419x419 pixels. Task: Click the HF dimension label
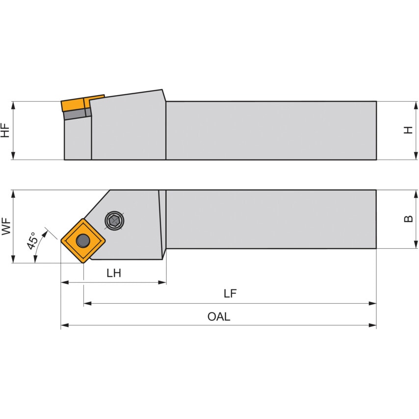point(5,131)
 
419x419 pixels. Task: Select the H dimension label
point(408,130)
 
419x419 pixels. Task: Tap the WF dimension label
point(6,226)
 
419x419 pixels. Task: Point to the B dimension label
point(408,219)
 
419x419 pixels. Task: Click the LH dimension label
point(114,273)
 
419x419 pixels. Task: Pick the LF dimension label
point(230,294)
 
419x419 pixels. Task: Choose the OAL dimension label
point(219,316)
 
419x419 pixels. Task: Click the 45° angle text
point(32,240)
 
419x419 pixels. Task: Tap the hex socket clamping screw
point(115,221)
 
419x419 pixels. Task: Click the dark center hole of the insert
point(83,241)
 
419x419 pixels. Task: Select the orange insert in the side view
point(82,103)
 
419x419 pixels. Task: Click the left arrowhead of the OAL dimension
point(65,325)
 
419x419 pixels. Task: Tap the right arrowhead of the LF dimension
point(372,303)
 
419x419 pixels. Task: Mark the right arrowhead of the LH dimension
point(162,283)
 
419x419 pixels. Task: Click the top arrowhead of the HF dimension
point(13,105)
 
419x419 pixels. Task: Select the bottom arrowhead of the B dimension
point(416,244)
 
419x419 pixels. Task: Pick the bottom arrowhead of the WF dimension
point(13,259)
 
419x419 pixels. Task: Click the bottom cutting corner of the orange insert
point(83,263)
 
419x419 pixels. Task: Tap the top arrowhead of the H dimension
point(416,105)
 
